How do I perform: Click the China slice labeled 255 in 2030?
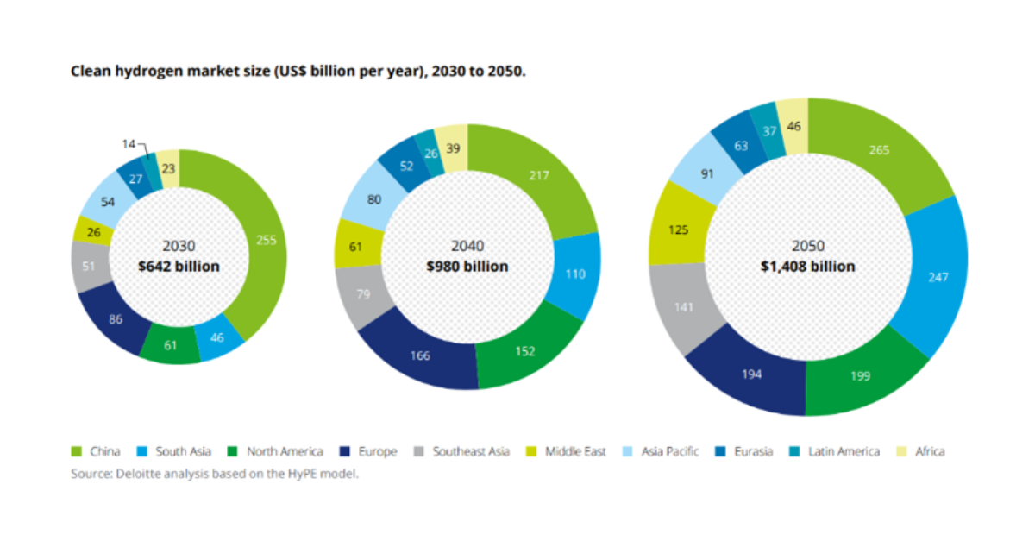267,241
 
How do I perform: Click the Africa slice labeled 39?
451,148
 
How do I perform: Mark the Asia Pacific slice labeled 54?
109,201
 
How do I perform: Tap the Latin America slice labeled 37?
769,130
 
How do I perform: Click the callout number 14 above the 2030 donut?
128,144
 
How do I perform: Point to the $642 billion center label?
179,267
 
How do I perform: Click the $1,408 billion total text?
807,266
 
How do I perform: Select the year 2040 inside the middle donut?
467,246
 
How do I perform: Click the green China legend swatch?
77,451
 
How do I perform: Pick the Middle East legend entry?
575,451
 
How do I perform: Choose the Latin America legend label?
844,451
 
